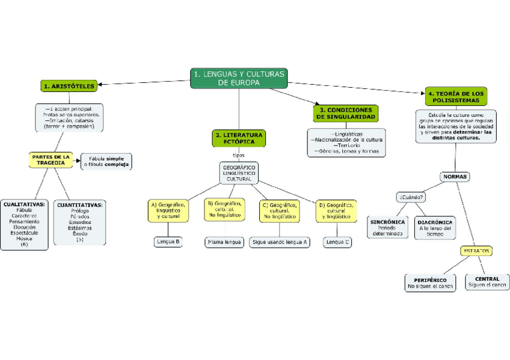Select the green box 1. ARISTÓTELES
point(69,87)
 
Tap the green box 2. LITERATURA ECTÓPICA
point(239,138)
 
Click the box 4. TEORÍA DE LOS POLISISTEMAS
point(455,97)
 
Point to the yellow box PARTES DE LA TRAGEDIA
point(51,159)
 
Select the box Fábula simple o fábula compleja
point(106,162)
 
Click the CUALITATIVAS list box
point(24,224)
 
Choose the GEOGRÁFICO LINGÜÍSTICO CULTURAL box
point(239,172)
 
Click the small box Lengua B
point(168,242)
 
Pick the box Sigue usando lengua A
point(280,242)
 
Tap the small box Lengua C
point(337,242)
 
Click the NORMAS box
point(455,177)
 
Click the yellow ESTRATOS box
point(476,251)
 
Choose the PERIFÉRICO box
point(430,283)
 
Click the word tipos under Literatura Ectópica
point(239,154)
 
